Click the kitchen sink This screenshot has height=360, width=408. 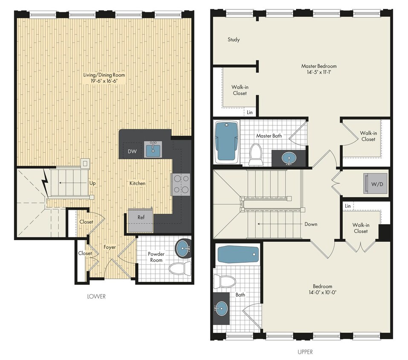153,150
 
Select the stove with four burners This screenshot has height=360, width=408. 181,184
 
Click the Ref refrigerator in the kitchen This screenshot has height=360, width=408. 141,217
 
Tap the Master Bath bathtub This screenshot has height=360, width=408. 226,141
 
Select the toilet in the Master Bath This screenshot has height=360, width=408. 256,154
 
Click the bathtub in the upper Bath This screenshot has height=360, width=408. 238,255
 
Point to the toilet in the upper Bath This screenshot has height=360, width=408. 225,281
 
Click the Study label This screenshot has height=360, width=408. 234,40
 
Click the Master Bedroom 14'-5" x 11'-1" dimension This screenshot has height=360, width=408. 318,73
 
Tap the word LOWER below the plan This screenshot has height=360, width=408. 96,296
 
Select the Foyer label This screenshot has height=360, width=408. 110,247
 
